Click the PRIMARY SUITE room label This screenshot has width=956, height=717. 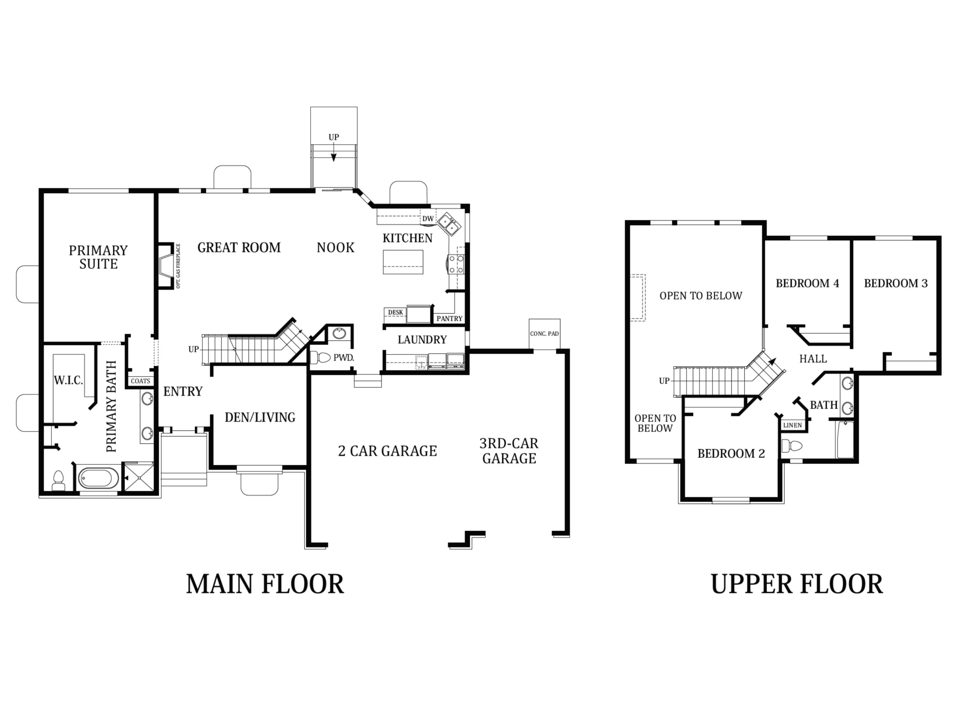pyautogui.click(x=99, y=257)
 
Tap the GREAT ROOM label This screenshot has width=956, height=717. pyautogui.click(x=239, y=248)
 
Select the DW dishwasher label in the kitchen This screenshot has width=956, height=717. pyautogui.click(x=428, y=219)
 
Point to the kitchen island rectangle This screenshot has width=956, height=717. pyautogui.click(x=403, y=262)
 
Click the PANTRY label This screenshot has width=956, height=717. pyautogui.click(x=450, y=319)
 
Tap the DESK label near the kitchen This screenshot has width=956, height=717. pyautogui.click(x=395, y=313)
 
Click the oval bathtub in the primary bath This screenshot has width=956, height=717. pyautogui.click(x=99, y=478)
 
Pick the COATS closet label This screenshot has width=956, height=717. pyautogui.click(x=140, y=381)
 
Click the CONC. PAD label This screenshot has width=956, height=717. pyautogui.click(x=544, y=333)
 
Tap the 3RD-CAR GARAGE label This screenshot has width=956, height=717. pyautogui.click(x=509, y=451)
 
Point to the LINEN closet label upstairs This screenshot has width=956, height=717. pyautogui.click(x=793, y=425)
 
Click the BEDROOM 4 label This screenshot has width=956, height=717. pyautogui.click(x=807, y=283)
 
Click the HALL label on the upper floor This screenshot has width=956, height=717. pyautogui.click(x=813, y=359)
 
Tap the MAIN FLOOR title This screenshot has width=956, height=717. pyautogui.click(x=265, y=584)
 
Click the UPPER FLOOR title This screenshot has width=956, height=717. pyautogui.click(x=797, y=584)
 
